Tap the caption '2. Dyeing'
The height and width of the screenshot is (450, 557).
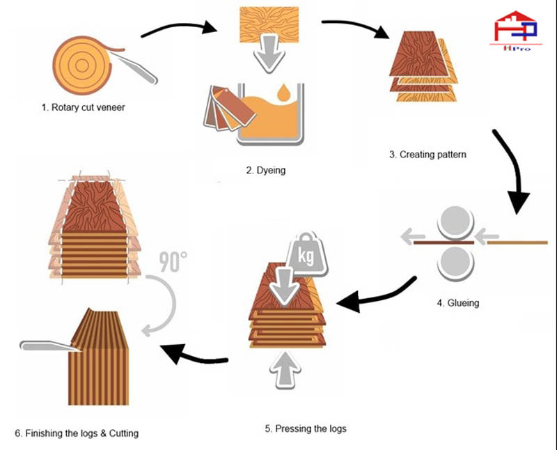click(x=266, y=170)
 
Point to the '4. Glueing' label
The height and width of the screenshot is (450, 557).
click(x=458, y=304)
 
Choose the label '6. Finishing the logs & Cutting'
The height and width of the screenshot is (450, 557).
click(x=77, y=433)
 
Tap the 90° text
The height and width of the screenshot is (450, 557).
click(x=173, y=262)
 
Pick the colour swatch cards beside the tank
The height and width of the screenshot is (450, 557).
click(x=221, y=111)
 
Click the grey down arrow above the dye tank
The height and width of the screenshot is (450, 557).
click(x=267, y=59)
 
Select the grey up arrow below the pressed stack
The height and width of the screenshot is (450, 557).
click(x=287, y=369)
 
